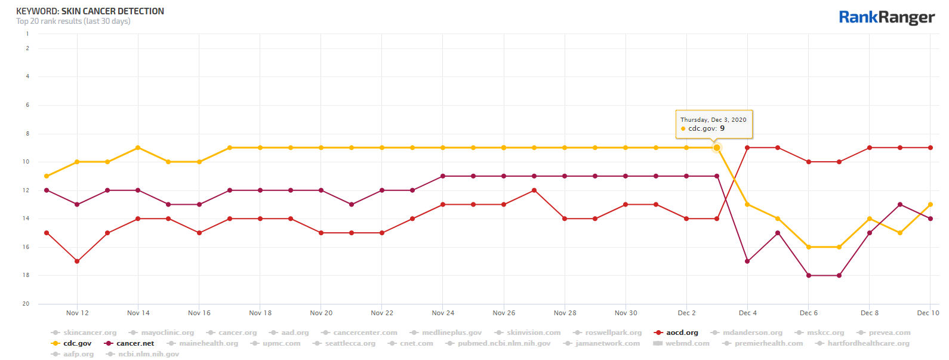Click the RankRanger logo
(x=886, y=17)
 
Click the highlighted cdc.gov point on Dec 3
(x=717, y=147)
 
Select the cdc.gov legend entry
(x=77, y=343)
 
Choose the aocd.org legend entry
(x=682, y=333)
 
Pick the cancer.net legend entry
(x=135, y=343)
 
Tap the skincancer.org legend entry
(x=90, y=333)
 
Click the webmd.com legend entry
(x=687, y=343)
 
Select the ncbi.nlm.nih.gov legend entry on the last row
(x=148, y=354)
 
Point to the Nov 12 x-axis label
(x=78, y=313)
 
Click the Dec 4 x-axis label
(x=748, y=313)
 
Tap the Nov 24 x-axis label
(x=443, y=313)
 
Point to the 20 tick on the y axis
(x=26, y=304)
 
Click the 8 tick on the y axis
(x=27, y=134)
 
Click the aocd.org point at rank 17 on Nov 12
(x=77, y=261)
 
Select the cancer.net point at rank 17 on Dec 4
(x=747, y=261)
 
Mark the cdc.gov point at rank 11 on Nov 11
(x=47, y=176)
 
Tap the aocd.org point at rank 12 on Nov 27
(x=534, y=190)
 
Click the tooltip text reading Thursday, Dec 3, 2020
(x=713, y=119)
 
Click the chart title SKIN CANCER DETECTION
(x=112, y=11)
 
